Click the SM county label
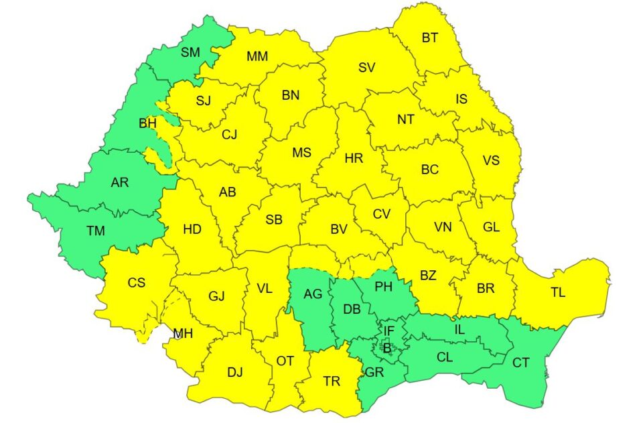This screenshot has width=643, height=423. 190,52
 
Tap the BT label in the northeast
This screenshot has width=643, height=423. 429,38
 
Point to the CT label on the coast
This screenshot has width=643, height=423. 521,363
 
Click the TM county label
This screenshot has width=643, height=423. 96,231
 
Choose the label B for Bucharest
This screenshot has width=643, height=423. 386,347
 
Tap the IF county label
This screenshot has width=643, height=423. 388,330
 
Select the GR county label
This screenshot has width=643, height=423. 374,373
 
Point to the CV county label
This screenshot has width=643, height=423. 382,214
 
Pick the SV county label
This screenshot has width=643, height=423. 366,67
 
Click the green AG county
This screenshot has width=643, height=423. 313,294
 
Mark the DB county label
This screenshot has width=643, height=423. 352,310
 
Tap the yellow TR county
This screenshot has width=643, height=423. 332,381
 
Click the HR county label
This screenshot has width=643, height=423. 354,159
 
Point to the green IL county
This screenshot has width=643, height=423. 459,329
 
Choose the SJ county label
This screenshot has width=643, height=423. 203,101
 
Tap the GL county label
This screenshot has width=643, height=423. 491,227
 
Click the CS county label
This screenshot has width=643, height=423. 136,283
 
